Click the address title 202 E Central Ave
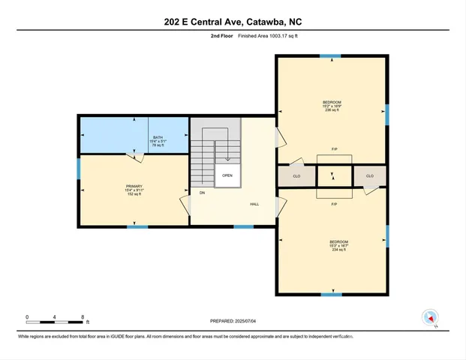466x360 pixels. pyautogui.click(x=233, y=22)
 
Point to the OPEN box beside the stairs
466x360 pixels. pyautogui.click(x=227, y=175)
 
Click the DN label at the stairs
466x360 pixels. pyautogui.click(x=202, y=193)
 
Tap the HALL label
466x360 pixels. pyautogui.click(x=255, y=204)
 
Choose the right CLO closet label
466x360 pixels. pyautogui.click(x=369, y=176)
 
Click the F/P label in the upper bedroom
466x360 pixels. pyautogui.click(x=333, y=149)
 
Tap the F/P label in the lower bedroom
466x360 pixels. pyautogui.click(x=333, y=204)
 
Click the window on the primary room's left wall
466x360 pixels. pyautogui.click(x=78, y=169)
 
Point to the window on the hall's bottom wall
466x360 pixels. pyautogui.click(x=243, y=226)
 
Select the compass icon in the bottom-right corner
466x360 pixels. pyautogui.click(x=430, y=317)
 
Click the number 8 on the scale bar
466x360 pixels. pyautogui.click(x=82, y=317)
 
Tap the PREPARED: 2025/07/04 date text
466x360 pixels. pyautogui.click(x=233, y=322)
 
